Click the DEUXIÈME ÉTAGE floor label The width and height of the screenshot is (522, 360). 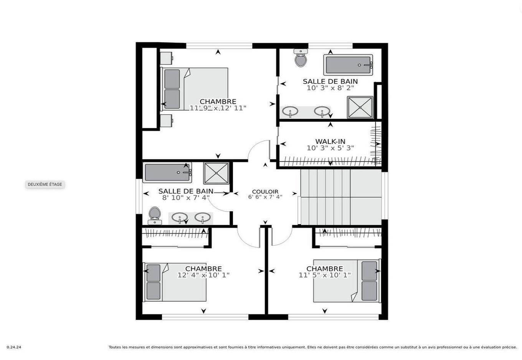[x=45, y=185]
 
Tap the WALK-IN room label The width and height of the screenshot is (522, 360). [x=330, y=142]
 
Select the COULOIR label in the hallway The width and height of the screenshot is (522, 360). [x=265, y=192]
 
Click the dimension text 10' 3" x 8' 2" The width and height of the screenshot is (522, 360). [x=330, y=88]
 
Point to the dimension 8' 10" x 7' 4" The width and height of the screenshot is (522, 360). [x=186, y=198]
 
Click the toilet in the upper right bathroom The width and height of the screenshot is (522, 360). [x=301, y=58]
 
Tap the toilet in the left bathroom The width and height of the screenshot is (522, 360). [x=155, y=215]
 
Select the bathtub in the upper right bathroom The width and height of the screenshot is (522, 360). [x=348, y=65]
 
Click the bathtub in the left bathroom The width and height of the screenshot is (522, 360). [x=167, y=172]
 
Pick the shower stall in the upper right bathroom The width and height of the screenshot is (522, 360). [x=360, y=107]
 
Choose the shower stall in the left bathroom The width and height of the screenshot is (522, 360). [x=216, y=173]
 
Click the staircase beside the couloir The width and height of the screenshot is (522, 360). [x=340, y=197]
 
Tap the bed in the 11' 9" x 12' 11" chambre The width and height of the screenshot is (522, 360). [x=195, y=89]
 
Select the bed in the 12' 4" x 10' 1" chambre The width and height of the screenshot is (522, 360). [x=175, y=282]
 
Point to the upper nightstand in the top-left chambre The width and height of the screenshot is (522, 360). [x=166, y=58]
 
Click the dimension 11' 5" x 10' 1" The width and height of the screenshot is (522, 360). [x=325, y=275]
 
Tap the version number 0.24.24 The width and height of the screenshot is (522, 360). [x=14, y=347]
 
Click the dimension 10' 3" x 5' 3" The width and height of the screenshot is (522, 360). [x=330, y=148]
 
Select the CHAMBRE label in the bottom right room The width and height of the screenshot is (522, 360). [x=325, y=269]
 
